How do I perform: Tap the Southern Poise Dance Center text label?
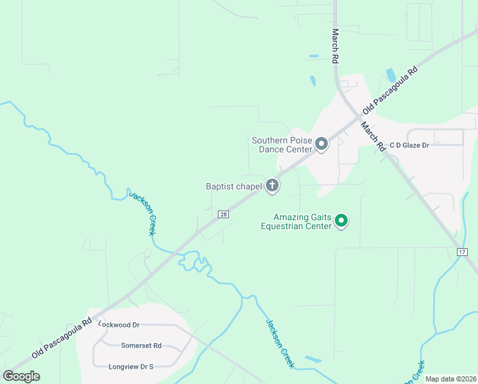coord(282,145)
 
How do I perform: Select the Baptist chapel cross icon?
coord(272,186)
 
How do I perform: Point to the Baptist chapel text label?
coord(234,187)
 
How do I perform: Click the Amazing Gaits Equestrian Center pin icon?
coord(341,221)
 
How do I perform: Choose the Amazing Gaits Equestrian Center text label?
coord(296,221)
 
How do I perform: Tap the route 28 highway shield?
coord(223,214)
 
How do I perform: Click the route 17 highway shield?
coord(462,252)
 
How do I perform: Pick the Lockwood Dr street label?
coord(118,324)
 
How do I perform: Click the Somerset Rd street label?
coord(141,346)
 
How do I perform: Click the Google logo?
coord(21,376)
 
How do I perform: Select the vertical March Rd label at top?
coord(334,45)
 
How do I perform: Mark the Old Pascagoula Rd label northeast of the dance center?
coord(390,89)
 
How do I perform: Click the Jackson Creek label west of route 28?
coord(143,212)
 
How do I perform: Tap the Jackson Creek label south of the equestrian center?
coord(279,343)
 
